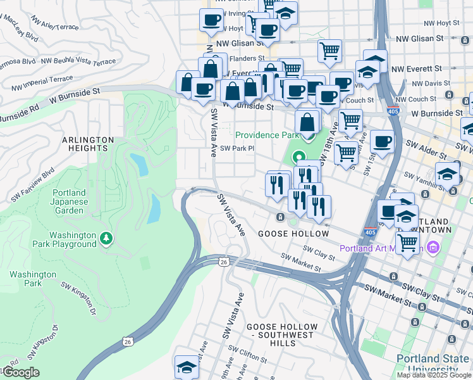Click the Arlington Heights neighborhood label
(x=87, y=144)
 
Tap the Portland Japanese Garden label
(x=69, y=201)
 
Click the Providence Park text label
(x=266, y=135)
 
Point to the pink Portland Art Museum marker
(x=433, y=247)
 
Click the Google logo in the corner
(x=20, y=372)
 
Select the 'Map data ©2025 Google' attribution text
(x=434, y=375)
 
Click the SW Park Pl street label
(x=236, y=148)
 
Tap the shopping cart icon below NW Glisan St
(x=329, y=51)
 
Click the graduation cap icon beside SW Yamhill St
(x=447, y=173)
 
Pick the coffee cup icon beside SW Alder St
(x=382, y=141)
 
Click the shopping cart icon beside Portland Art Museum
(x=408, y=241)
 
